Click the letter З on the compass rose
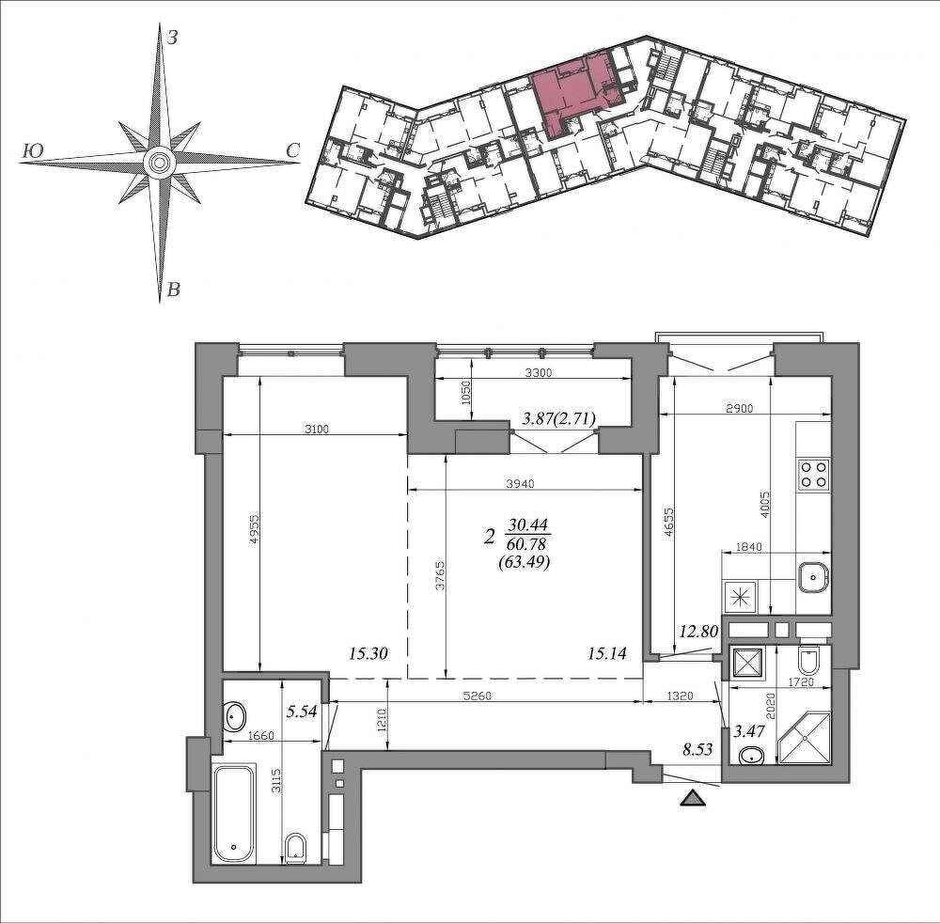tap(172, 39)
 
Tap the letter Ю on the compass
tap(32, 151)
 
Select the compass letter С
tap(292, 151)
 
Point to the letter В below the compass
tap(173, 290)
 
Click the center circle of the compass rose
tap(159, 162)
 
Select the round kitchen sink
tap(813, 578)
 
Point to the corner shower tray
tap(804, 738)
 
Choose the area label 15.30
tap(368, 653)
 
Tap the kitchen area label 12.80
tap(698, 632)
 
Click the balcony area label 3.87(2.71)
tap(558, 418)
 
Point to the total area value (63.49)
tap(525, 562)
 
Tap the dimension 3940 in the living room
tap(520, 484)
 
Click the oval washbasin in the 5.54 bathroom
tap(234, 717)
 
